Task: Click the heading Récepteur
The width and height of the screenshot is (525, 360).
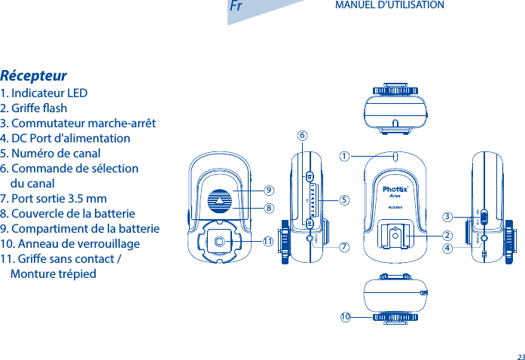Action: click(34, 76)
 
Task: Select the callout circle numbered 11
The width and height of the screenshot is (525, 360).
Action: click(267, 241)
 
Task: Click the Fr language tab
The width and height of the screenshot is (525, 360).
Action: click(236, 7)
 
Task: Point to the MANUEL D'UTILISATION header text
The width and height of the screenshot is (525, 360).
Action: click(389, 5)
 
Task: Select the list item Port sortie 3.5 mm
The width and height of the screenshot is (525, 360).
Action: click(53, 199)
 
